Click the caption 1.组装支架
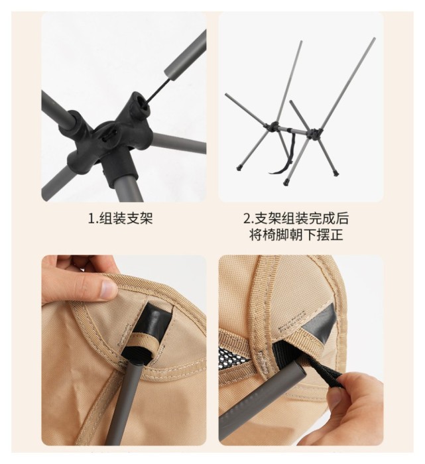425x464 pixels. [x=121, y=219]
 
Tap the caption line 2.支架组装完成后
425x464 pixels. [x=296, y=219]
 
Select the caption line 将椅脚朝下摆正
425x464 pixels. [x=296, y=235]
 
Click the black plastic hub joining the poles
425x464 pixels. [x=113, y=133]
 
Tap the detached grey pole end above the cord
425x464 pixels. [x=185, y=54]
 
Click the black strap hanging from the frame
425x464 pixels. [x=286, y=154]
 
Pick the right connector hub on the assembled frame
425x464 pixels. [x=315, y=133]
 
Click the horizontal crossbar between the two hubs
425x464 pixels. [x=294, y=130]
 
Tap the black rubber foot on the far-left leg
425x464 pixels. [x=239, y=168]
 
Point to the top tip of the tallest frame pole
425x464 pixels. [x=374, y=38]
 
